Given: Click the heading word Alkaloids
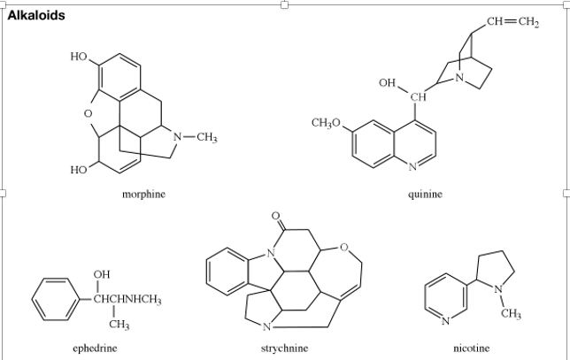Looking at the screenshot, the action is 35,16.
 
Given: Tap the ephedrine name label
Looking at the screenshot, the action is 95,349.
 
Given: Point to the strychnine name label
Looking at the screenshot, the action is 285,349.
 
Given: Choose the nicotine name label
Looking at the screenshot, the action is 471,349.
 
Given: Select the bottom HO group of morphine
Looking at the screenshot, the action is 78,169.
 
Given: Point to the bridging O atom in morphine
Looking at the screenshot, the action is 88,112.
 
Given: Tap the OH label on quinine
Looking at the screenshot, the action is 388,82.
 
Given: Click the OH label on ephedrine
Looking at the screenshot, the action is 101,273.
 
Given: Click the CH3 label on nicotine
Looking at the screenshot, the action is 511,313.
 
